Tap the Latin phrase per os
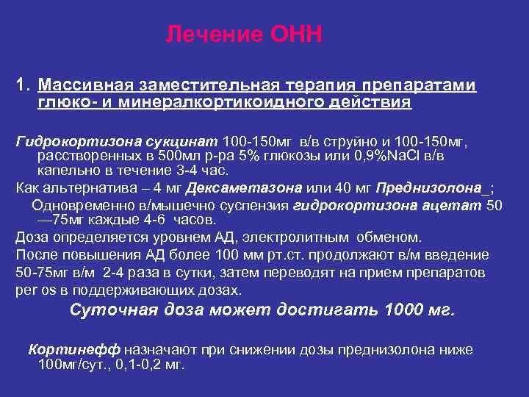coord(33,289)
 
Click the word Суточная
coord(108,310)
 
